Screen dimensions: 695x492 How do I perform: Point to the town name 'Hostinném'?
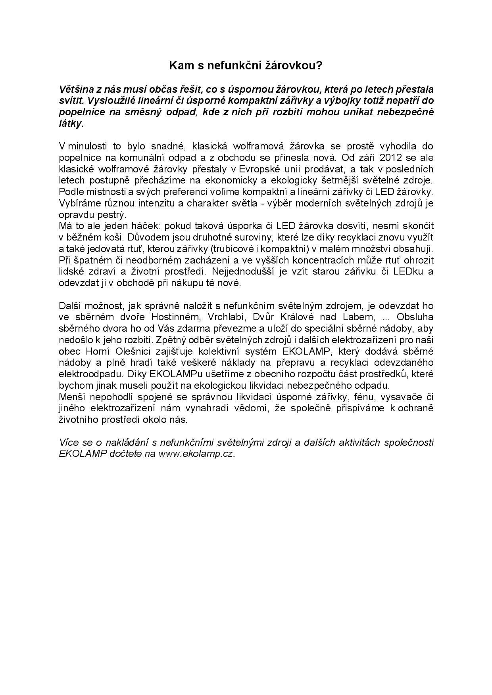pos(172,317)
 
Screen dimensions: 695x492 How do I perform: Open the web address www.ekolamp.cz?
pos(197,454)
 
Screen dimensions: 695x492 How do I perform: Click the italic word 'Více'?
pos(68,443)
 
